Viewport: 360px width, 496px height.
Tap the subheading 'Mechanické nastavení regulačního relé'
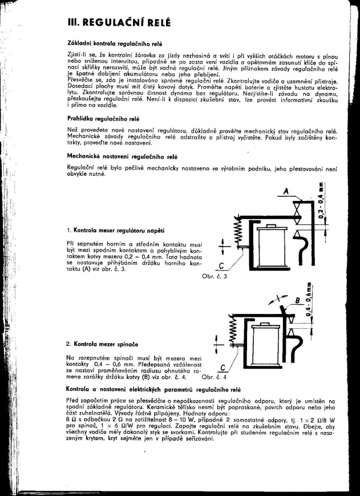[x=122, y=155]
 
